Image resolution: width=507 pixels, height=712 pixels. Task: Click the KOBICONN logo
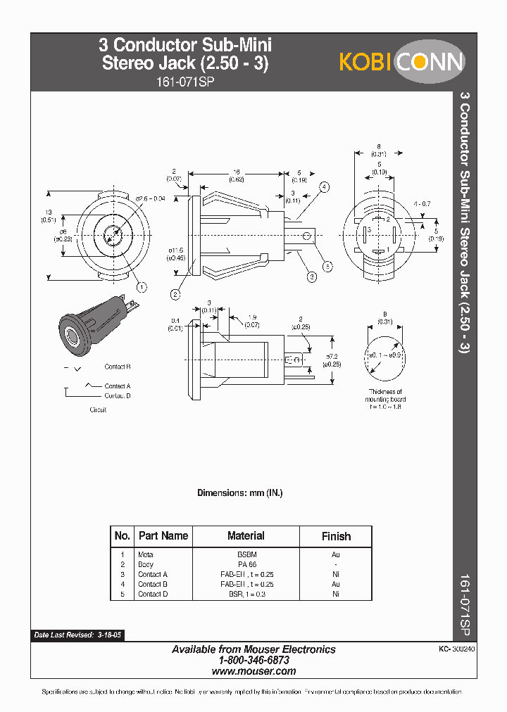point(401,62)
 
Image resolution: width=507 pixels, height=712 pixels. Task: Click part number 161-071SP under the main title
point(186,82)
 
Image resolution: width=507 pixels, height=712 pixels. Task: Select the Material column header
point(246,536)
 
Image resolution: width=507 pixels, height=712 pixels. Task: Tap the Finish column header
point(336,536)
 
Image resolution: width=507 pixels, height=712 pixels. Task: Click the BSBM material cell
point(246,555)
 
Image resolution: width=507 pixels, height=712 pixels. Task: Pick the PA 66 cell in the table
point(246,565)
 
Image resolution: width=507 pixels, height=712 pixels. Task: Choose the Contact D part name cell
point(153,595)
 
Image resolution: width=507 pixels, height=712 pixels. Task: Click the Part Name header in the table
point(163,536)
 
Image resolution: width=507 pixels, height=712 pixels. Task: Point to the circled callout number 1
point(142,286)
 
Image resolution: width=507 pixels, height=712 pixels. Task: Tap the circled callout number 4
point(325,187)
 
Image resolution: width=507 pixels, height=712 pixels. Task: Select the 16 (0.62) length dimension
point(238,176)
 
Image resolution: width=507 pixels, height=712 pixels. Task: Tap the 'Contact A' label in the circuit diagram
point(118,386)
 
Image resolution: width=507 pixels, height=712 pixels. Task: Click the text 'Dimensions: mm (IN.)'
point(239,493)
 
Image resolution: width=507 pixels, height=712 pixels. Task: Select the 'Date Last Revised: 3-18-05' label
point(77,635)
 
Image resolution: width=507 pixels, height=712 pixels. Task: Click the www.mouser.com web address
point(254,672)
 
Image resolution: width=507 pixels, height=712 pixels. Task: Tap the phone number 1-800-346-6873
point(254,661)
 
